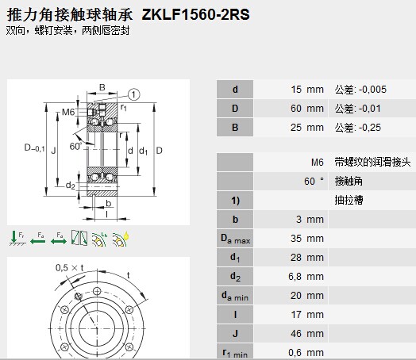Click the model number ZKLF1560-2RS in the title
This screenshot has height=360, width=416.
coord(195,14)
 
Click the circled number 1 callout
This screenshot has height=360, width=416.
coord(133,94)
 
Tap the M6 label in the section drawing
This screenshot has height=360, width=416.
coord(68,112)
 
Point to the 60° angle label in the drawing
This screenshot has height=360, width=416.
coord(75,146)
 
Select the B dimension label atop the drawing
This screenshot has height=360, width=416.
coord(102,87)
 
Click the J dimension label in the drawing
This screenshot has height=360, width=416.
coord(53,151)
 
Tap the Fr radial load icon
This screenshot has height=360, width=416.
coord(17,238)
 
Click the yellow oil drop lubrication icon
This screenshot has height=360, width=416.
coord(121,239)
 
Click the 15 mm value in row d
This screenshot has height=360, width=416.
coord(307,90)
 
